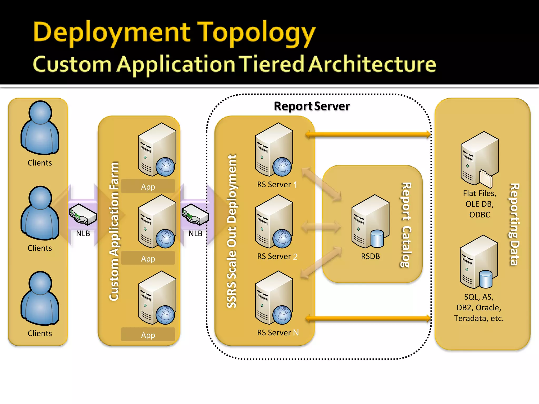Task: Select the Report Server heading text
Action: click(x=312, y=106)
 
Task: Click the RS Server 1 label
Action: click(x=277, y=185)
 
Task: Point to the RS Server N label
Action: click(x=278, y=333)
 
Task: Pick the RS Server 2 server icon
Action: click(x=274, y=221)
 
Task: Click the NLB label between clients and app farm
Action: click(x=83, y=234)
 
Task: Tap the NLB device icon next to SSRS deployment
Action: click(x=195, y=214)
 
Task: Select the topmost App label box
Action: click(x=148, y=186)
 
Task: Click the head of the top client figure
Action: click(x=40, y=112)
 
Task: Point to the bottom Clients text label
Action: click(x=40, y=333)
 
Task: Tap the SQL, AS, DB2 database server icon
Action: click(x=479, y=262)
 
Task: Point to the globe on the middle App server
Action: click(x=165, y=239)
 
